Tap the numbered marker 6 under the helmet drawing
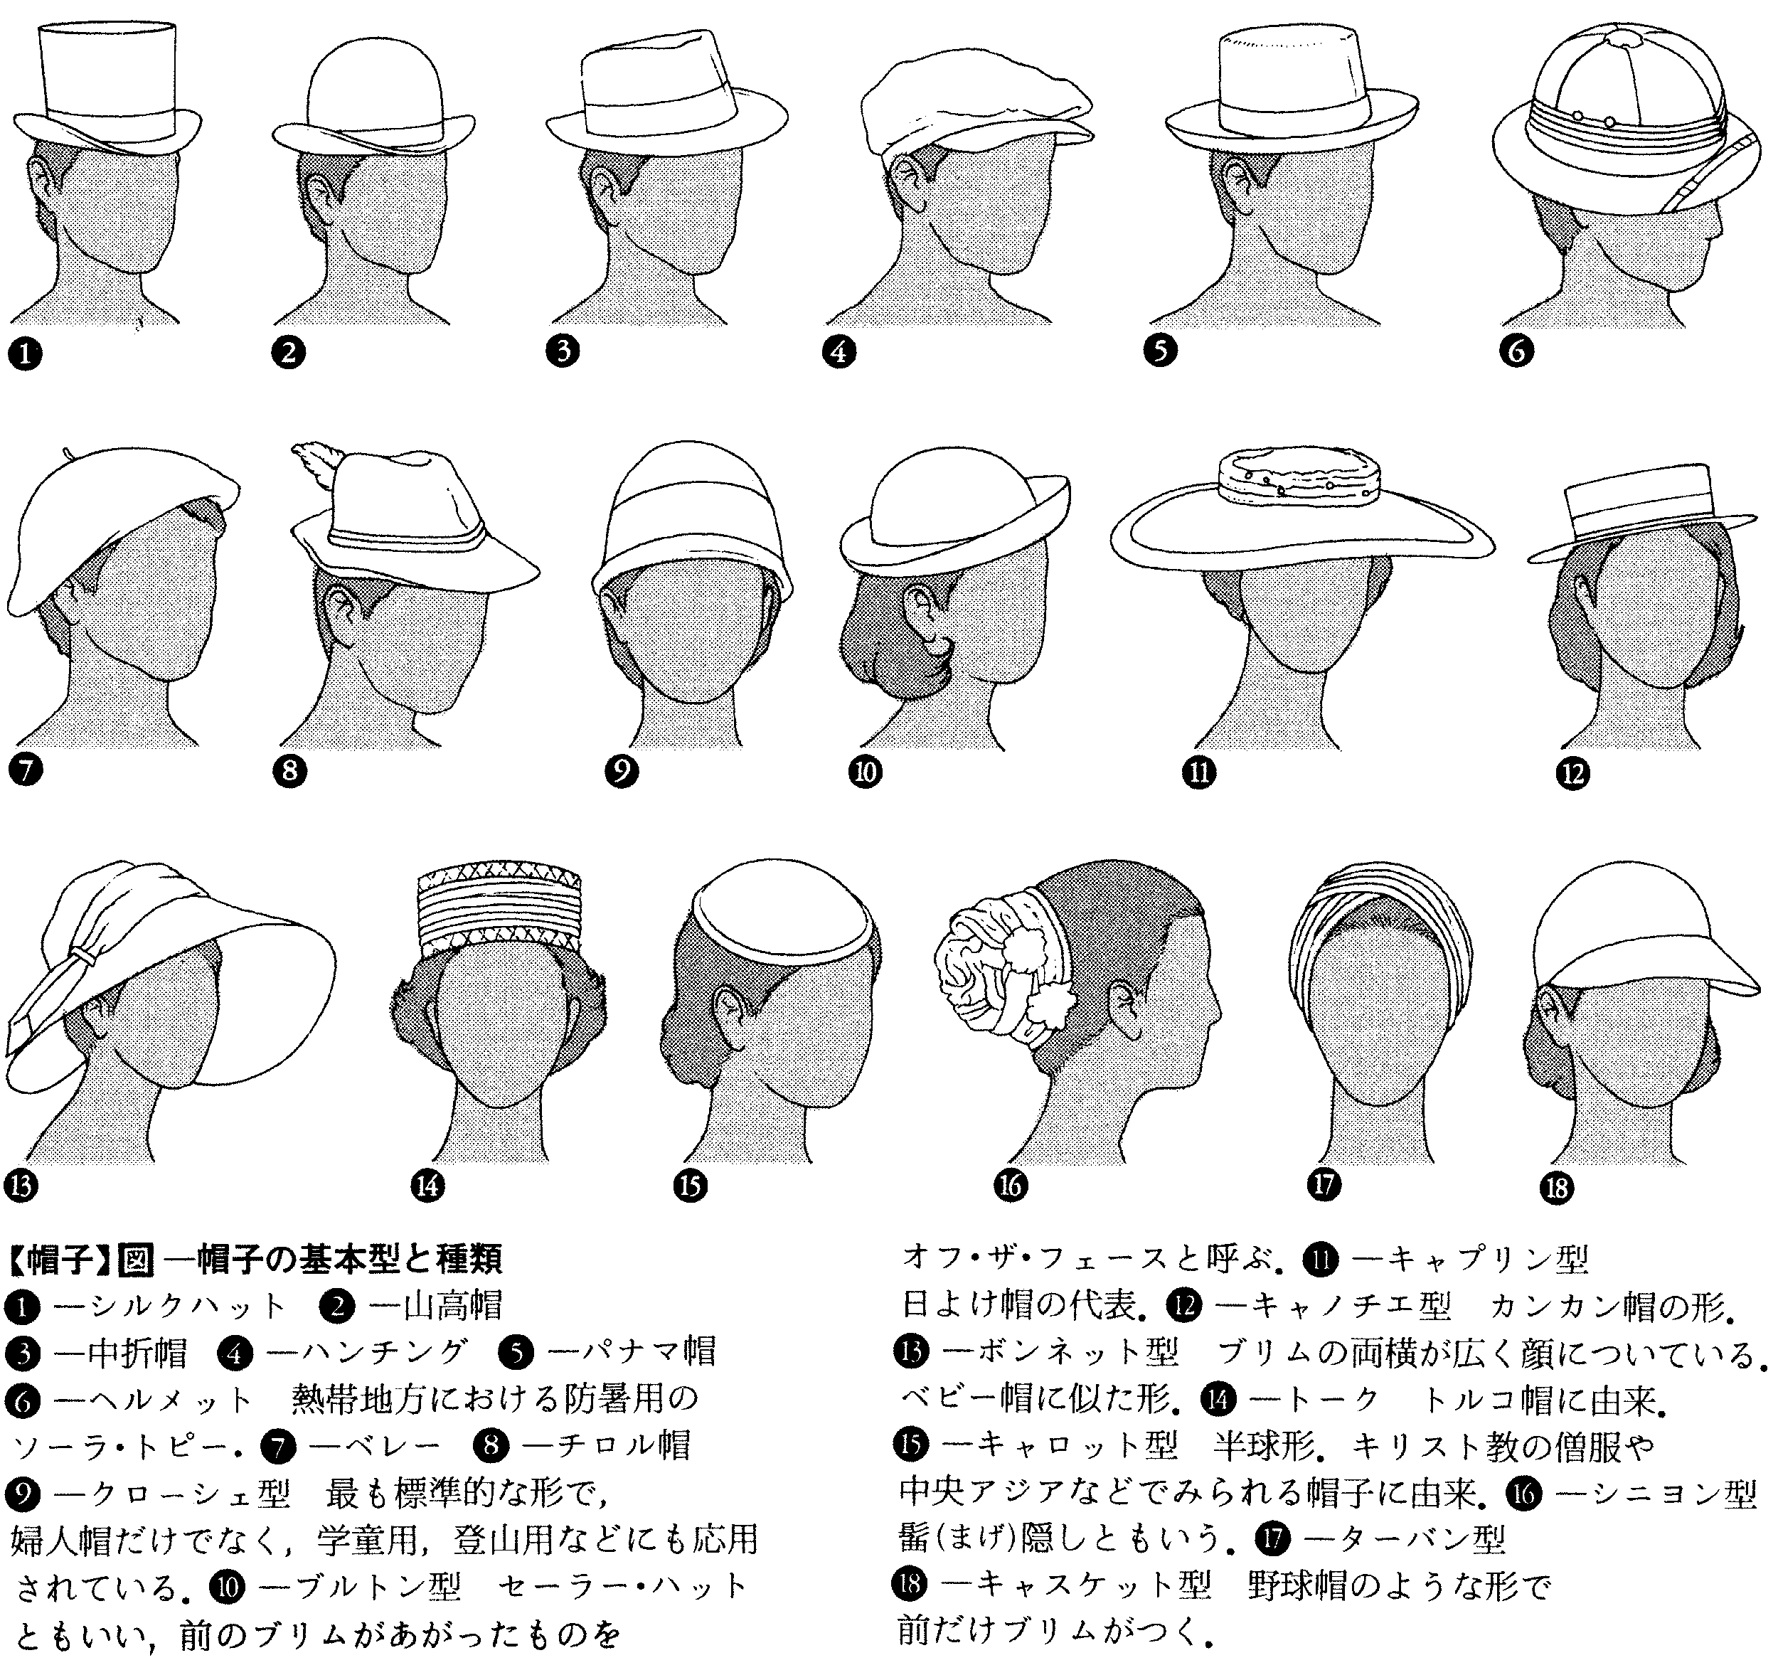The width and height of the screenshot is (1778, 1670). pos(1517,350)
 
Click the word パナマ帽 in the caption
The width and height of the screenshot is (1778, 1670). pos(632,1351)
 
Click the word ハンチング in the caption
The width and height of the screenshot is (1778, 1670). pos(367,1351)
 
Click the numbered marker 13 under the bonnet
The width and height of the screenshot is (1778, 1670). pos(21,1186)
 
